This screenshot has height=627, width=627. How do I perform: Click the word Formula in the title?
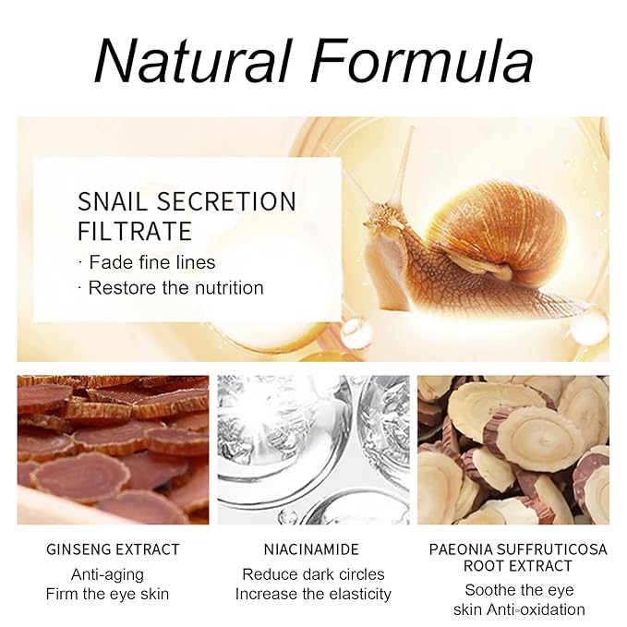pos(421,61)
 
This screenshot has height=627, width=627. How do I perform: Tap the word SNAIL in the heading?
pos(117,201)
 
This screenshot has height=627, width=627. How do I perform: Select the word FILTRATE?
pos(135,230)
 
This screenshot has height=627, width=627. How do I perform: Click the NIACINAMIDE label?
pos(313,549)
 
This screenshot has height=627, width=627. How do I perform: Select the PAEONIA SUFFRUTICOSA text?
pos(518,549)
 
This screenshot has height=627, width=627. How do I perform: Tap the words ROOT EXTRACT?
pos(518,567)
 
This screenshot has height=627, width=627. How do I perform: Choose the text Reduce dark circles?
pos(313,573)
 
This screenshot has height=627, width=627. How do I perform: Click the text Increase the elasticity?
pos(313,594)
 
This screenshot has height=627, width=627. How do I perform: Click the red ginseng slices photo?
pos(114,450)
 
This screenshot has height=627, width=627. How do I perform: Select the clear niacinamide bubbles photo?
pos(313,450)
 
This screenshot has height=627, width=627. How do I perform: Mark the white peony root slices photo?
pos(512,450)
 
